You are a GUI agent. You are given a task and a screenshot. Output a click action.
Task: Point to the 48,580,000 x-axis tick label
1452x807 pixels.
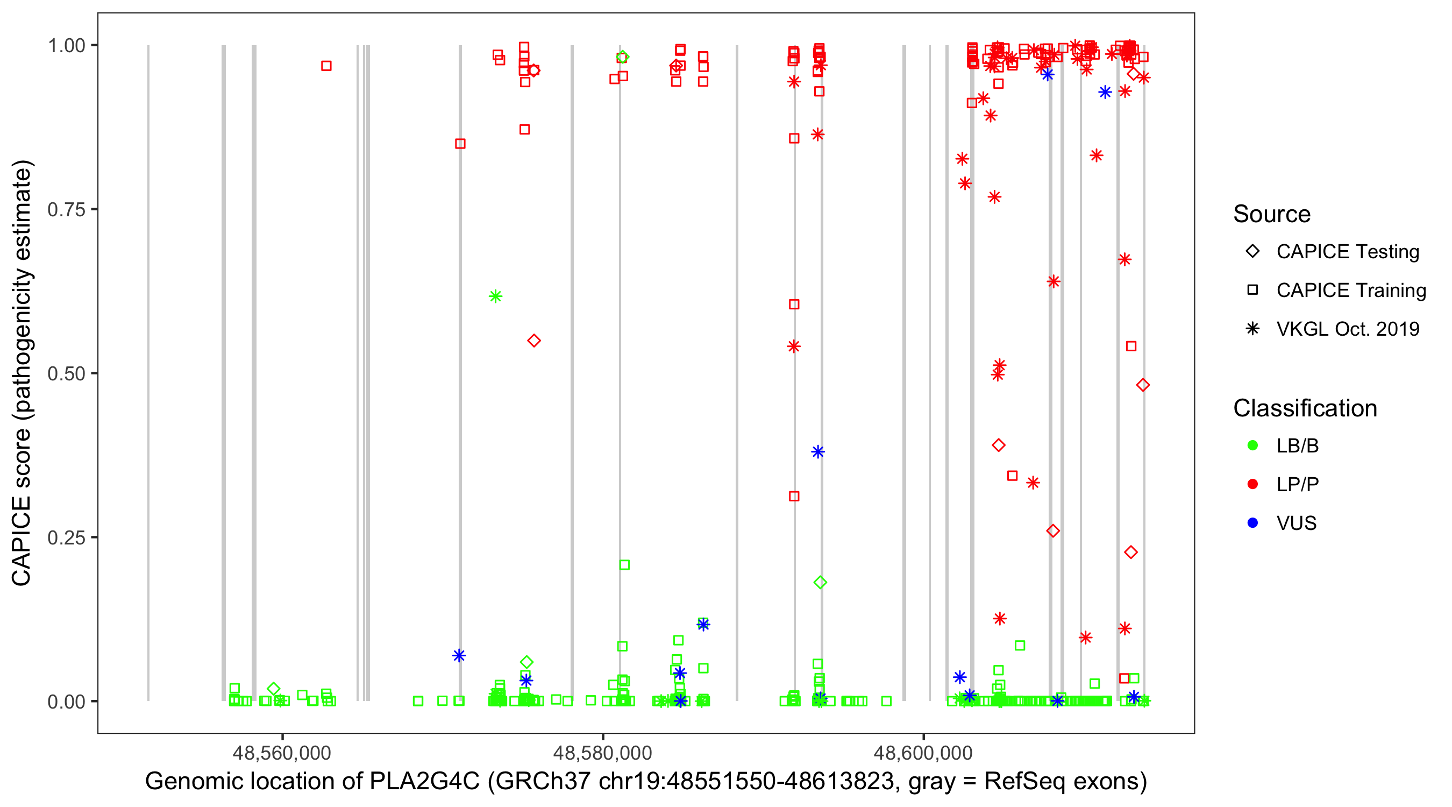pos(602,753)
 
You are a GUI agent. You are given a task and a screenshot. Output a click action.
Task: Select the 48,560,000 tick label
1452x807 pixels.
pos(282,753)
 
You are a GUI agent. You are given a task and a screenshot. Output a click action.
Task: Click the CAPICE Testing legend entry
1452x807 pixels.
pos(1347,252)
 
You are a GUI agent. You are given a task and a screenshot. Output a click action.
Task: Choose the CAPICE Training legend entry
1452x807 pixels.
pos(1350,291)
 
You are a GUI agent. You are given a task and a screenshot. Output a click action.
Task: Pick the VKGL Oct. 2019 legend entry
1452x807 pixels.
pos(1347,329)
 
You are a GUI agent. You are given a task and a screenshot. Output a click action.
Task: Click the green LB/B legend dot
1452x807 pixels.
pos(1252,445)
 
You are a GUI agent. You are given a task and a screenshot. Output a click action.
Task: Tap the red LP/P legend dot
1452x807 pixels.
pos(1252,484)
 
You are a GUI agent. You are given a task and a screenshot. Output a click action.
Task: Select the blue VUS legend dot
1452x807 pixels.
pos(1252,523)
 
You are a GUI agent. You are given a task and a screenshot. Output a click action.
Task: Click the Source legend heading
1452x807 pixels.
pos(1271,214)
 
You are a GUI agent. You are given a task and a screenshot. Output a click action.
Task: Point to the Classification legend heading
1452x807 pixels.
pos(1304,408)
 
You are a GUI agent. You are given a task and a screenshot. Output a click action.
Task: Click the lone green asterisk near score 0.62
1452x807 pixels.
pos(495,296)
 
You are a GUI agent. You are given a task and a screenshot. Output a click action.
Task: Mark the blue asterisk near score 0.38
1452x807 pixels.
pos(818,452)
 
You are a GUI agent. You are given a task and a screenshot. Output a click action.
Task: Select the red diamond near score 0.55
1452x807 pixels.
pos(534,341)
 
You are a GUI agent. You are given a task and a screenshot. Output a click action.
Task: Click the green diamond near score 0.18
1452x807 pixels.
pos(820,583)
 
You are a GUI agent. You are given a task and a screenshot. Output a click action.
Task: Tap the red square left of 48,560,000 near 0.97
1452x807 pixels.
pos(326,66)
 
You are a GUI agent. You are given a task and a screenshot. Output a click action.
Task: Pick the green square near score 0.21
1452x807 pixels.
pos(624,565)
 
